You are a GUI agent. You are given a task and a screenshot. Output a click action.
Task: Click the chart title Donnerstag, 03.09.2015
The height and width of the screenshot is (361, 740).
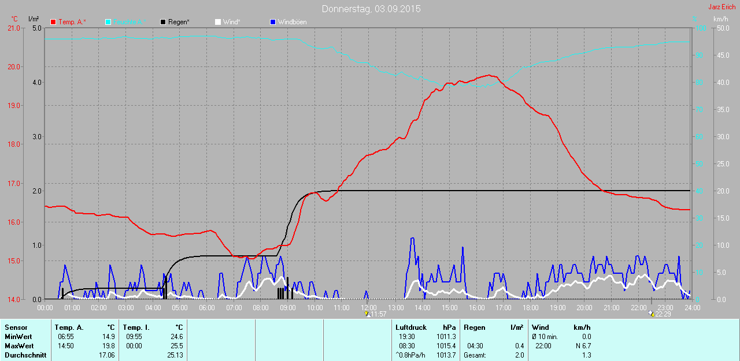(x=371, y=9)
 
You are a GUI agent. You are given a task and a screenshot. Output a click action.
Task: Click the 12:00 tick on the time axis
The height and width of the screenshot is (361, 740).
(x=368, y=308)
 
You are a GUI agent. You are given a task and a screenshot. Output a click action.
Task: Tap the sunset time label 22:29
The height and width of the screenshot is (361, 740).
(x=663, y=314)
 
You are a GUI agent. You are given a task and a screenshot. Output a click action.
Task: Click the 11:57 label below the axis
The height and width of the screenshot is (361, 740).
(x=378, y=314)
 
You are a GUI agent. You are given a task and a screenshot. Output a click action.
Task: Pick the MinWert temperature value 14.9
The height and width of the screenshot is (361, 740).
(x=108, y=337)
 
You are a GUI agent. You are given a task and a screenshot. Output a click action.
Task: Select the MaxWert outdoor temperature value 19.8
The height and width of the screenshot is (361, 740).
(x=108, y=346)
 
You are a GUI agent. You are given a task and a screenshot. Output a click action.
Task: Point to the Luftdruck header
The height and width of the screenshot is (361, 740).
(x=410, y=327)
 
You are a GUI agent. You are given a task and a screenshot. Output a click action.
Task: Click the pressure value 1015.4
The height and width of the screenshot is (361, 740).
(x=446, y=346)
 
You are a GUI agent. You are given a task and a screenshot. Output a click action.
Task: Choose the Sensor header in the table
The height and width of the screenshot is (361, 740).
(x=16, y=327)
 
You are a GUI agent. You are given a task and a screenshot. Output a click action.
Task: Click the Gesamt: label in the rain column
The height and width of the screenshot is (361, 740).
(x=475, y=355)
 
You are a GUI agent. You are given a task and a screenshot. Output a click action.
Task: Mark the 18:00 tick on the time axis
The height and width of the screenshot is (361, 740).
(x=530, y=308)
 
